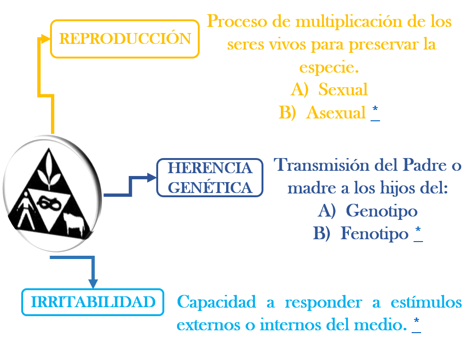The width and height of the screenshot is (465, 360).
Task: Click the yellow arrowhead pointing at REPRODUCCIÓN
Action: pyautogui.click(x=45, y=39)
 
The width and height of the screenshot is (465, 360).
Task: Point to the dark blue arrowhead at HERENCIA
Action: pyautogui.click(x=152, y=177)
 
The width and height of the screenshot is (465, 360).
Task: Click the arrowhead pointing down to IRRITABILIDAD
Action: pyautogui.click(x=93, y=284)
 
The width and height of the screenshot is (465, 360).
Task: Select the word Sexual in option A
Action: pyautogui.click(x=343, y=89)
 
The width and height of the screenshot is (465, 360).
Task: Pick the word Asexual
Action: pyautogui.click(x=336, y=113)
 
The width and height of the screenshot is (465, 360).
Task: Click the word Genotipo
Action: pyautogui.click(x=381, y=211)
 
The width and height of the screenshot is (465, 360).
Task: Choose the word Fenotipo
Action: pyautogui.click(x=374, y=233)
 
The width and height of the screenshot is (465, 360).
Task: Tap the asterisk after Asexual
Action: pyautogui.click(x=375, y=109)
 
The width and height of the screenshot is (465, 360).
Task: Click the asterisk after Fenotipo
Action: pyautogui.click(x=418, y=230)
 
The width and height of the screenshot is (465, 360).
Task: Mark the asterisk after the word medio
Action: pyautogui.click(x=417, y=320)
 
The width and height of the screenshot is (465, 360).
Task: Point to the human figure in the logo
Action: pyautogui.click(x=26, y=210)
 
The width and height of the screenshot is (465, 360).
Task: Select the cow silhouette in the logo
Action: pyautogui.click(x=74, y=224)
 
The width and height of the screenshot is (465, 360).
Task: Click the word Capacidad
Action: pyautogui.click(x=217, y=302)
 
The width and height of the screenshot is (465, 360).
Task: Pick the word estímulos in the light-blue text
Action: pyautogui.click(x=426, y=302)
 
